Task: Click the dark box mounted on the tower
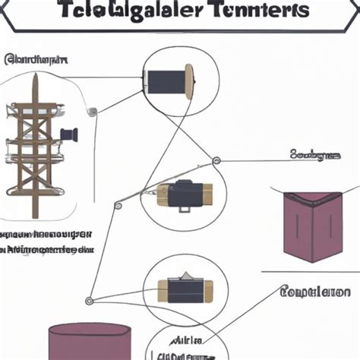click(69, 135)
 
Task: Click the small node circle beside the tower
click(93, 112)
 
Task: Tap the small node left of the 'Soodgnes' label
click(216, 160)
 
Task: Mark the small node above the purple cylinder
click(88, 301)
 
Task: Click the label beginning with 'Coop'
click(314, 292)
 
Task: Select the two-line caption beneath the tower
click(47, 241)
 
